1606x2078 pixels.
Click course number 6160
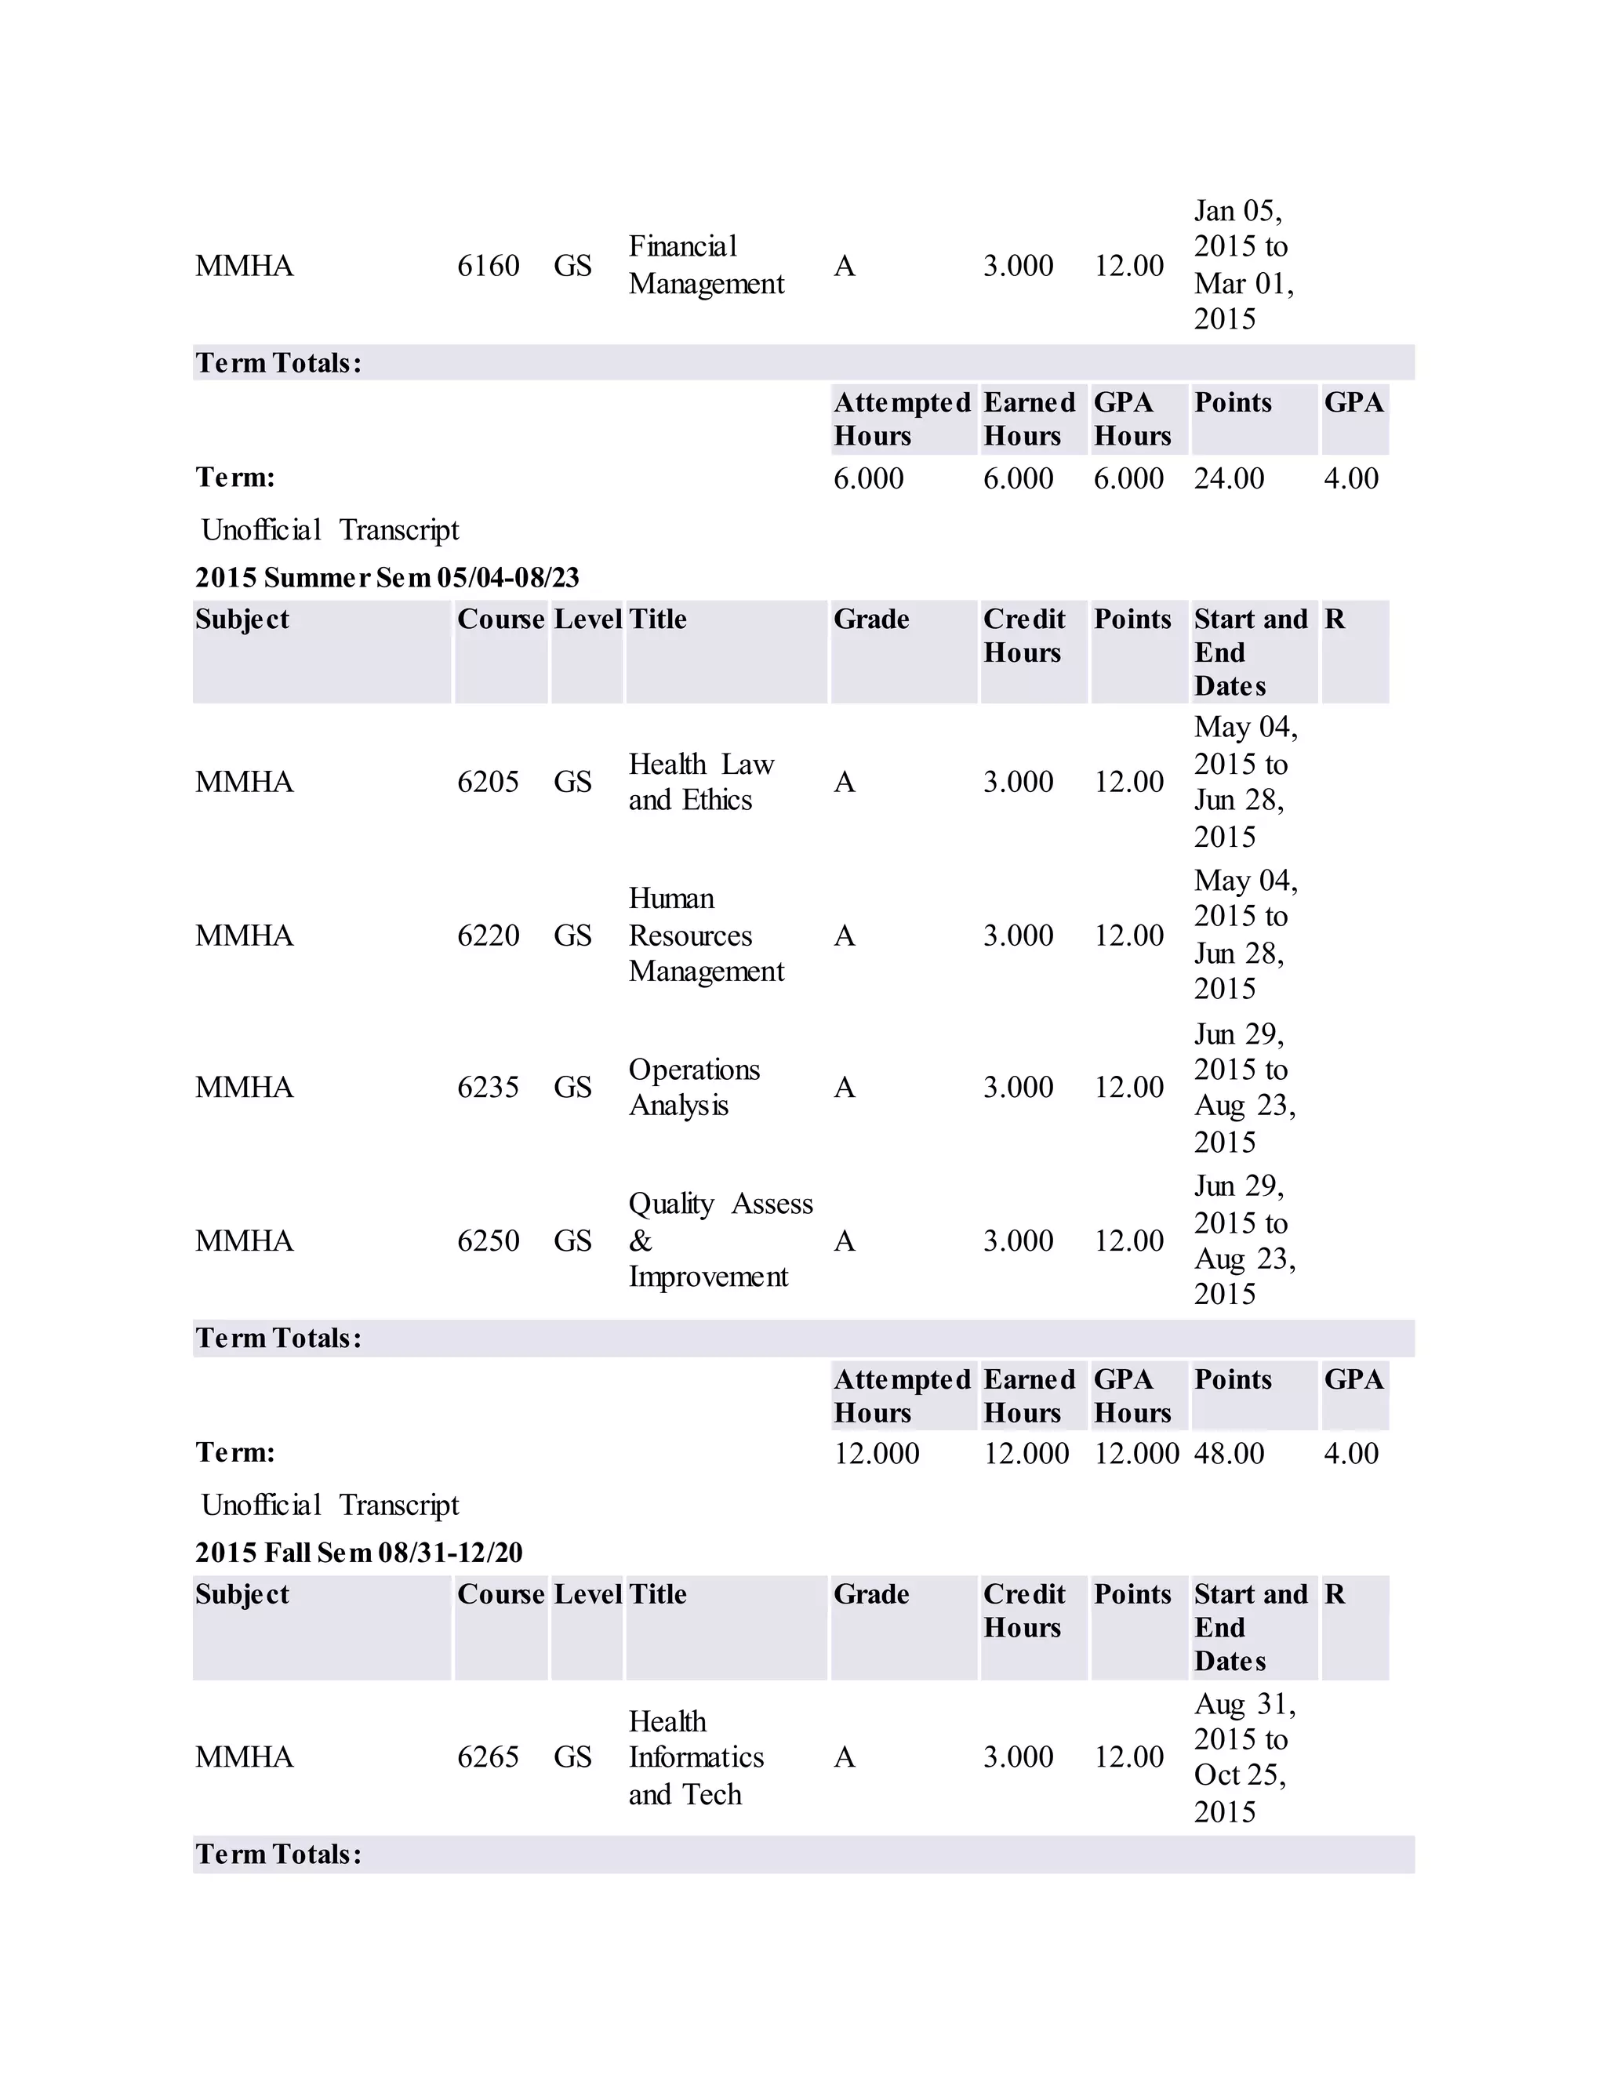pyautogui.click(x=488, y=266)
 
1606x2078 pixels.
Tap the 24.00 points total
pyautogui.click(x=1228, y=478)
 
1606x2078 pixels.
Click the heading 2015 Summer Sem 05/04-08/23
pyautogui.click(x=387, y=578)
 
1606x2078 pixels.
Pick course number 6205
pyautogui.click(x=488, y=782)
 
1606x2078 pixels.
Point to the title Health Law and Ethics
pyautogui.click(x=701, y=782)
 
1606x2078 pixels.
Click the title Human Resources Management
pyautogui.click(x=706, y=935)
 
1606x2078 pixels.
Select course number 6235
pyautogui.click(x=488, y=1087)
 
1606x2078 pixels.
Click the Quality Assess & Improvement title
pyautogui.click(x=719, y=1240)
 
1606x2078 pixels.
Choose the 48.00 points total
pyautogui.click(x=1228, y=1453)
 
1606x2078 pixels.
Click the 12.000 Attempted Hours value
pyautogui.click(x=876, y=1453)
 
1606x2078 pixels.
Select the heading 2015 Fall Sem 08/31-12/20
pyautogui.click(x=358, y=1553)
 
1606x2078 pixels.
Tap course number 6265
pyautogui.click(x=488, y=1756)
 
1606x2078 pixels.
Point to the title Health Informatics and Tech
pyautogui.click(x=696, y=1757)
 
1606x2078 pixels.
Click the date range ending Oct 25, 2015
pyautogui.click(x=1244, y=1757)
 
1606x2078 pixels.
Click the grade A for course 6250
pyautogui.click(x=844, y=1241)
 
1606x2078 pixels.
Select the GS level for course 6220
pyautogui.click(x=572, y=935)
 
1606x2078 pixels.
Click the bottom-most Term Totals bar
pyautogui.click(x=802, y=1854)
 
